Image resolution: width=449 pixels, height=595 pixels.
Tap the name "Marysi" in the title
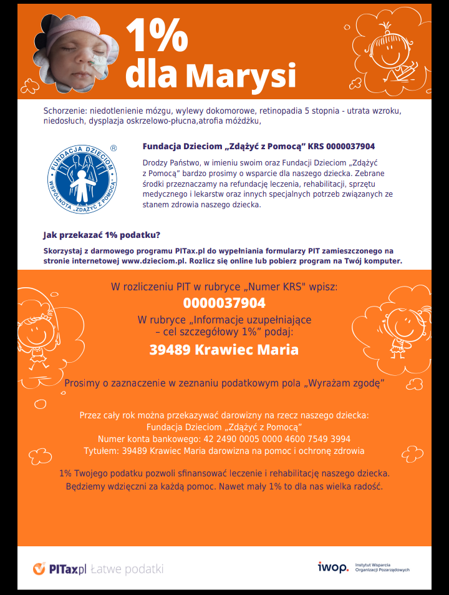click(240, 75)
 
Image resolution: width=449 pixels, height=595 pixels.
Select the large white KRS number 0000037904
click(224, 303)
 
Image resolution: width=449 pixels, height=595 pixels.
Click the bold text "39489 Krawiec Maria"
click(224, 350)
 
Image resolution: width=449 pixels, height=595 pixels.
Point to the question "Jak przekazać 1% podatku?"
click(102, 235)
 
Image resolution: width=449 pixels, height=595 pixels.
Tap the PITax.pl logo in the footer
click(59, 569)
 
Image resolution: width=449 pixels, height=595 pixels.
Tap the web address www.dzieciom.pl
click(154, 261)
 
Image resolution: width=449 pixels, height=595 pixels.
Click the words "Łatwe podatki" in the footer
click(127, 569)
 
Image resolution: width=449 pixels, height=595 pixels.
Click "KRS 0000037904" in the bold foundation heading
click(342, 147)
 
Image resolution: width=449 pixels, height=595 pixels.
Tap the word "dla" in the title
click(151, 75)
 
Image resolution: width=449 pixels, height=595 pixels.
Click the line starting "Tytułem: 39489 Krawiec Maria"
click(224, 450)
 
